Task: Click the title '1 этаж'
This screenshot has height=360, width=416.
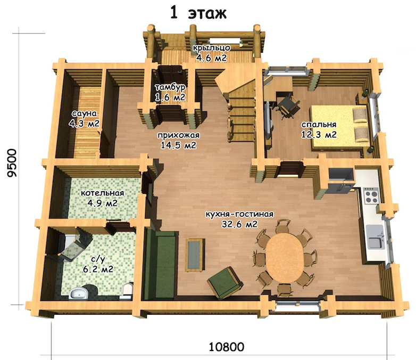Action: pyautogui.click(x=198, y=13)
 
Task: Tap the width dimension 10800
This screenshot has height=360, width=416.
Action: pyautogui.click(x=226, y=347)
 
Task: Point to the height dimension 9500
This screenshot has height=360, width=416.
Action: pyautogui.click(x=12, y=162)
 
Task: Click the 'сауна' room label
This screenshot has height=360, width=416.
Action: pyautogui.click(x=85, y=113)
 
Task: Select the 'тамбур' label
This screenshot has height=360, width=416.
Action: pyautogui.click(x=170, y=87)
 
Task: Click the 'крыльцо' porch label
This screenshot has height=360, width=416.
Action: pyautogui.click(x=211, y=48)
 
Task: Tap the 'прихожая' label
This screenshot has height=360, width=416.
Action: pyautogui.click(x=178, y=135)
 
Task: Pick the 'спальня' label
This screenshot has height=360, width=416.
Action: pyautogui.click(x=319, y=124)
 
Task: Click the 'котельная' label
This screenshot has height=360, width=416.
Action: pyautogui.click(x=103, y=193)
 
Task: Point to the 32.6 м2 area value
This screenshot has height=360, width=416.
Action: pyautogui.click(x=240, y=225)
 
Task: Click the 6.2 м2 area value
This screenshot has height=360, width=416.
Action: pyautogui.click(x=98, y=269)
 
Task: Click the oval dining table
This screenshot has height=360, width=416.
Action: pyautogui.click(x=285, y=258)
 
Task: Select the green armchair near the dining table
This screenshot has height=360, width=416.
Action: pyautogui.click(x=225, y=282)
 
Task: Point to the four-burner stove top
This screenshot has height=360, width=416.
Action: pyautogui.click(x=371, y=195)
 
